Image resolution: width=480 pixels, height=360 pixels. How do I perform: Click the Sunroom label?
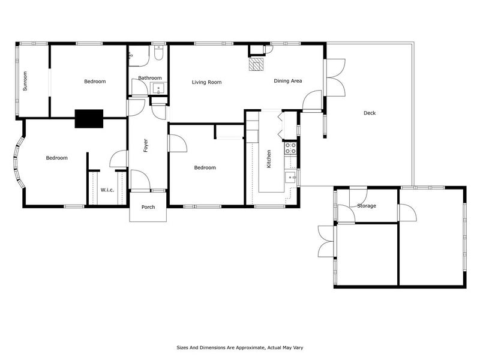(25, 81)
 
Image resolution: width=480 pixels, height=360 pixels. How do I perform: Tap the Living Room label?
(206, 82)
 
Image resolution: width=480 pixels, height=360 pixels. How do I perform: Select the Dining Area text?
(287, 81)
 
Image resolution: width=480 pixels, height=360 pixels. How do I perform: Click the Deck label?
(370, 113)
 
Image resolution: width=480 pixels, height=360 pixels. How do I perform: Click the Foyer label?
(145, 145)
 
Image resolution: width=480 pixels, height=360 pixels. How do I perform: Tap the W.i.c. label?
(107, 190)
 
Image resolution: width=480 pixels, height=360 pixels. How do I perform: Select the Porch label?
(148, 207)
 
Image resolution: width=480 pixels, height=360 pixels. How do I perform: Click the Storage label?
(366, 206)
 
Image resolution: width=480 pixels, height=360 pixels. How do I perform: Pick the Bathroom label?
(149, 78)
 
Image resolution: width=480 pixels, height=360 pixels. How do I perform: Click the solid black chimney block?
(88, 118)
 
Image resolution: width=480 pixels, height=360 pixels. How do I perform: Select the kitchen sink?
(290, 176)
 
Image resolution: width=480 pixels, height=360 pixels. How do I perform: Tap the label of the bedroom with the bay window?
(56, 158)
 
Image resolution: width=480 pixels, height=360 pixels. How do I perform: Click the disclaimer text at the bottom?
(239, 347)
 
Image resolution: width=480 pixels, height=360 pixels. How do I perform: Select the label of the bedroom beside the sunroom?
(95, 81)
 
